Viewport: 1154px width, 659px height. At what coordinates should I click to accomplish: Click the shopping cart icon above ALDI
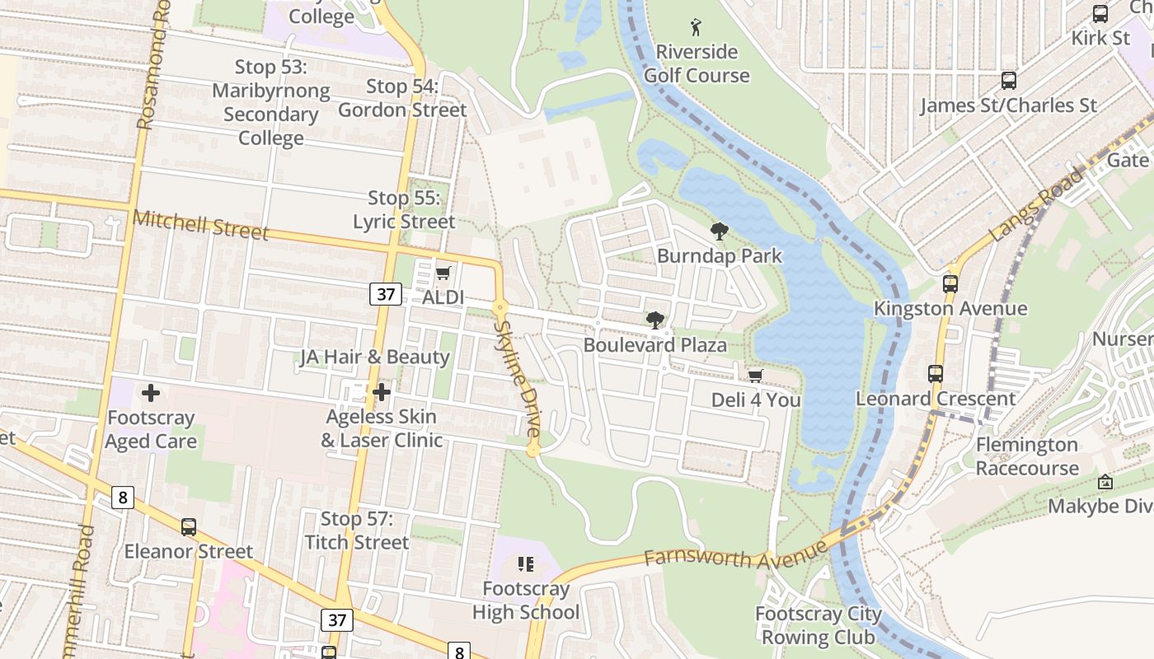click(443, 273)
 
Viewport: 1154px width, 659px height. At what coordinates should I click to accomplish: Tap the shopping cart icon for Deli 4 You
click(755, 376)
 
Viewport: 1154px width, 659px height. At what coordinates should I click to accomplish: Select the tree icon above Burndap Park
click(719, 231)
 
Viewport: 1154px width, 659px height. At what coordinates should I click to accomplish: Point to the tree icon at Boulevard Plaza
click(655, 320)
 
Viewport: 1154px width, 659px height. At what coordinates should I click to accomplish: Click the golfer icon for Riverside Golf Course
click(697, 27)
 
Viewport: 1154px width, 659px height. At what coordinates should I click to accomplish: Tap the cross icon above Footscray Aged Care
click(150, 393)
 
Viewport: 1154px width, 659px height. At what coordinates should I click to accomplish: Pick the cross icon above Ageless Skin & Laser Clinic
click(381, 393)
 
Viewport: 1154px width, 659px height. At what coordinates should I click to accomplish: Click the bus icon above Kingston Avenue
click(950, 284)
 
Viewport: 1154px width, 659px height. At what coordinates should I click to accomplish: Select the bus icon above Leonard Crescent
click(936, 374)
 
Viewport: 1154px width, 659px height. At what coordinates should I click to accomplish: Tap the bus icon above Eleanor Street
click(189, 527)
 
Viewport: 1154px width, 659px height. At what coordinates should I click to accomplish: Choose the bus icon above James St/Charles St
click(1008, 81)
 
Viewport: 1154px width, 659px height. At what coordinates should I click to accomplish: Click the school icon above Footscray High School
click(526, 564)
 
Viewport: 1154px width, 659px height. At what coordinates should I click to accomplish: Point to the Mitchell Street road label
click(200, 225)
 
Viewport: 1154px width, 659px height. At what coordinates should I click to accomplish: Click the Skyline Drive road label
click(517, 378)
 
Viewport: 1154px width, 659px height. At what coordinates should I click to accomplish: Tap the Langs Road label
click(1037, 204)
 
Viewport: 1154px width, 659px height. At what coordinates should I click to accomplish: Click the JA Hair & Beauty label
click(375, 357)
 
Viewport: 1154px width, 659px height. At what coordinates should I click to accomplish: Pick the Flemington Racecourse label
click(1026, 456)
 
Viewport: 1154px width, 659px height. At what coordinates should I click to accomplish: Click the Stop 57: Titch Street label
click(356, 530)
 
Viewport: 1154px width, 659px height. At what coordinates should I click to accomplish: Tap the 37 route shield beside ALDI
click(385, 294)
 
